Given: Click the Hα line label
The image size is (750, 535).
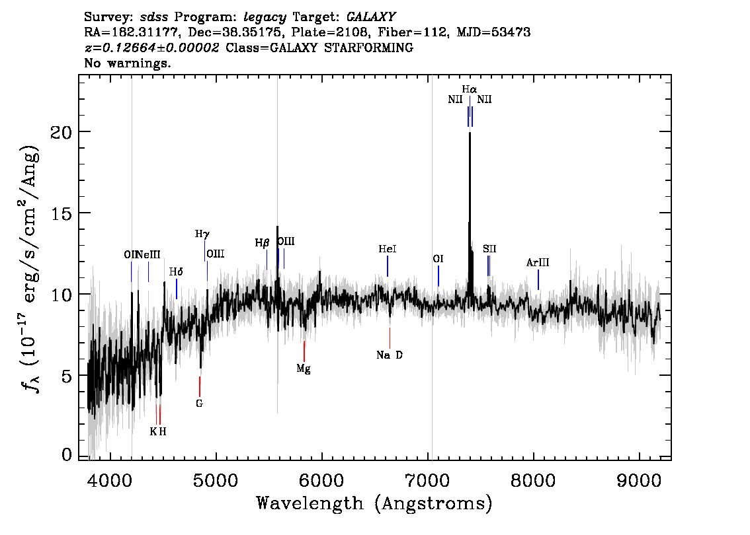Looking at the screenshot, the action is (469, 89).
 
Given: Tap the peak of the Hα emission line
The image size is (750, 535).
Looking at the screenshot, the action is (470, 133).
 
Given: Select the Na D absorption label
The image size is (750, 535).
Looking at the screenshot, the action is (390, 355).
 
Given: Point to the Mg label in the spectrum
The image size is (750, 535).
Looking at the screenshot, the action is (304, 369).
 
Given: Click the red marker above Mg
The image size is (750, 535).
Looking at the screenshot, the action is (304, 351).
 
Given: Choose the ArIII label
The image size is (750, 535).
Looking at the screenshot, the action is (538, 262).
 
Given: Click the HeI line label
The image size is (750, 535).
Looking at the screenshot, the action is (388, 249).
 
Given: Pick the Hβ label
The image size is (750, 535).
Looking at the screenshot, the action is (262, 243).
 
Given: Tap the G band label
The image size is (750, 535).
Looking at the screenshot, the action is (200, 404).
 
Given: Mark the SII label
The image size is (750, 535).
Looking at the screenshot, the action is (489, 249).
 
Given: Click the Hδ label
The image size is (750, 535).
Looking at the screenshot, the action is (176, 272).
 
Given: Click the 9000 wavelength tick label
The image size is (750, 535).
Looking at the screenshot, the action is (638, 480).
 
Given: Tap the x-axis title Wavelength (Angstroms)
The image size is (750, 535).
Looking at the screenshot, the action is (374, 503).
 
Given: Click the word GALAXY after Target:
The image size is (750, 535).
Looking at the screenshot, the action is (371, 17).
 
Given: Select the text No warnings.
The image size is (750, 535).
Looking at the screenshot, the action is (128, 63).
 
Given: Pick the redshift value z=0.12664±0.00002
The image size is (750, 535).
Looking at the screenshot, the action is (151, 48).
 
